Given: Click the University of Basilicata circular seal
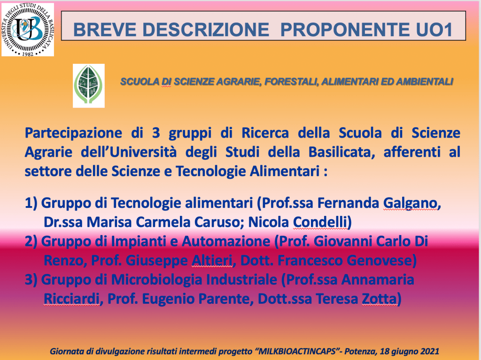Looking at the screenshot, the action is [28, 30].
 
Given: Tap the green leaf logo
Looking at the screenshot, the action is [89, 85].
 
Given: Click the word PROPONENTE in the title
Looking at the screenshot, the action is [345, 30].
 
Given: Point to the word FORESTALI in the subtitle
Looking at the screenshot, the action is [290, 82].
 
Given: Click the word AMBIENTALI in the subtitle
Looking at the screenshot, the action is [425, 82].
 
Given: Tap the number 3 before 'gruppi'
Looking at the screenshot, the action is [156, 133].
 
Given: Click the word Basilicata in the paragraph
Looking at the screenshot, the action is [341, 152].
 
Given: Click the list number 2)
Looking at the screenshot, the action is [31, 241].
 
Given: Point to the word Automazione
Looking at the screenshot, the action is [226, 241].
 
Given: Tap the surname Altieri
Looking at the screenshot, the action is [212, 260].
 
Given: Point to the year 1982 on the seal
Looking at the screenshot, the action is [28, 54].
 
